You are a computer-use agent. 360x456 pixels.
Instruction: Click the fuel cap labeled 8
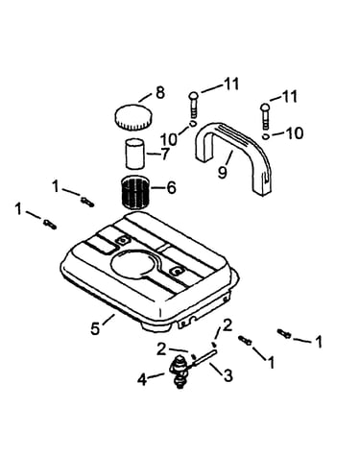[133, 117]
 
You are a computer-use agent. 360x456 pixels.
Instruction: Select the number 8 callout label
[160, 92]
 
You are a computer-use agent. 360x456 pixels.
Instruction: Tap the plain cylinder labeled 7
[134, 154]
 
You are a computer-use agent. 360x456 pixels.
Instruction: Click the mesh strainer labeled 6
[134, 193]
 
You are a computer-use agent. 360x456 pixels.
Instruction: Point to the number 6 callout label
[171, 187]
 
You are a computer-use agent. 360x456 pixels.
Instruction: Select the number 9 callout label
[223, 172]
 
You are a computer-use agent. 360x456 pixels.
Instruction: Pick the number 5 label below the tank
[95, 328]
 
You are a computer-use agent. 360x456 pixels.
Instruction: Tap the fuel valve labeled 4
[180, 372]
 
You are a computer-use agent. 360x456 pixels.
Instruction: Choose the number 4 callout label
[142, 380]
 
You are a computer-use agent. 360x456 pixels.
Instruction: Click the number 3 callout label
[228, 375]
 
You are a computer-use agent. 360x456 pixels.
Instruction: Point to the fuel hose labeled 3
[204, 358]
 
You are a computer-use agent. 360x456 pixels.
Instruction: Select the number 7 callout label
[164, 155]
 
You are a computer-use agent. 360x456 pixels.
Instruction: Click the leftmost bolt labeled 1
[50, 224]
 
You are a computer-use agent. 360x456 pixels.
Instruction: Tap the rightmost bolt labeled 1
[284, 334]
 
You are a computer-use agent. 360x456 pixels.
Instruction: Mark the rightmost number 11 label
[288, 96]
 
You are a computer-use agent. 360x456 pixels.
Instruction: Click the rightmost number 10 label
[294, 133]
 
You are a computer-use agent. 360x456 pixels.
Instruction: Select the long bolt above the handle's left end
[194, 105]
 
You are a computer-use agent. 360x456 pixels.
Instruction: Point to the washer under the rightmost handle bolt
[265, 136]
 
